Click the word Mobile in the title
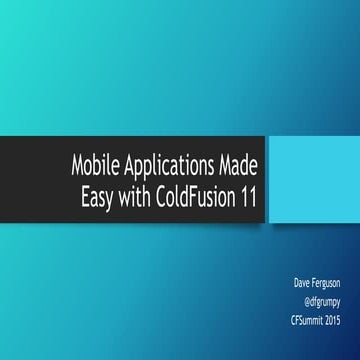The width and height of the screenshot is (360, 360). pyautogui.click(x=95, y=164)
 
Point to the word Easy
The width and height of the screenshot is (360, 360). pyautogui.click(x=98, y=196)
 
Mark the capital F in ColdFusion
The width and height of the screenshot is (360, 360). pyautogui.click(x=198, y=195)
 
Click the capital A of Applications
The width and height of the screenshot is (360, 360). pyautogui.click(x=127, y=164)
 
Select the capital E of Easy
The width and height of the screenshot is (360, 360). pyautogui.click(x=84, y=195)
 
